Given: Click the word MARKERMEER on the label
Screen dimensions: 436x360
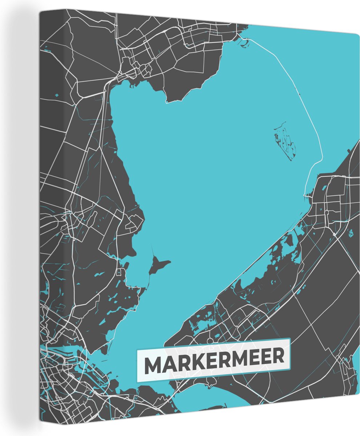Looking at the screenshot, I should (214, 360).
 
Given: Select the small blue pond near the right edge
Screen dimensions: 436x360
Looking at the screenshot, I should (351, 233).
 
